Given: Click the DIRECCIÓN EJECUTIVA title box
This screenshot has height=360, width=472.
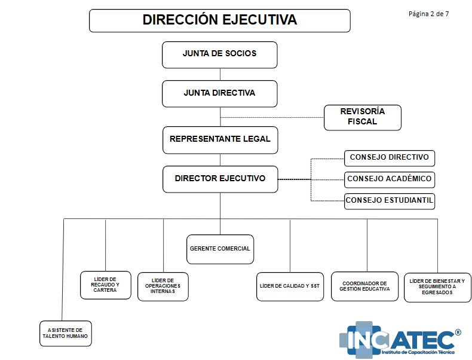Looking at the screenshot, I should coord(219,20).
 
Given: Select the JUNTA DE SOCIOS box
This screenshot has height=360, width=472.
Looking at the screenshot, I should coord(219,54).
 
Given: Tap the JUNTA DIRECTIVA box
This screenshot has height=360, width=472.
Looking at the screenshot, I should coord(219,93).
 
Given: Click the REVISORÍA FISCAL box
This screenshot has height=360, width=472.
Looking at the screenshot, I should coord(362,117).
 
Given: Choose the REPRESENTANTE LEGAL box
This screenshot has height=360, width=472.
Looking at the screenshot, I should coord(219,139).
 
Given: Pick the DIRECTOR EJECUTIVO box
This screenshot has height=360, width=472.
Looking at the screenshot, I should coord(219,179).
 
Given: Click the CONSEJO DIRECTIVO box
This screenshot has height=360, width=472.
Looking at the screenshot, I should coord(389,158).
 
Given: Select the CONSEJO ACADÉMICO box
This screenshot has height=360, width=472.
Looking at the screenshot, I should coord(389,179).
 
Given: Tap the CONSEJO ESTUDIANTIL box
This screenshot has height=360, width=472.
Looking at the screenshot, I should coord(389,200).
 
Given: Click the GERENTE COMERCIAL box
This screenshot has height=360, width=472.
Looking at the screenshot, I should coord(219,249).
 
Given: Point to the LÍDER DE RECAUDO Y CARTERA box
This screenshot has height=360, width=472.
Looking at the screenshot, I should coord(105,285).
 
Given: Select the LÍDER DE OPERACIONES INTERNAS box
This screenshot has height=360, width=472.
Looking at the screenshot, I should coord(163,286).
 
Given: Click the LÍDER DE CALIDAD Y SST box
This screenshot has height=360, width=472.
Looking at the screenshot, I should coord(290,286).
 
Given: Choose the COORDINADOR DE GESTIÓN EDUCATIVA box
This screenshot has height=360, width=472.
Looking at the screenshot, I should coord(364,286).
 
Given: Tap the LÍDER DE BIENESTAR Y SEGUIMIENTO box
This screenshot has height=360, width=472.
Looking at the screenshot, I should coord(437,286).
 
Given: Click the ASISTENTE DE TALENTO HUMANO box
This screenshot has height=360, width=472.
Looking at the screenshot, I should coord(65,334).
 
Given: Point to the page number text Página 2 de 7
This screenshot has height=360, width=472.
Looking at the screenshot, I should coord(428,14).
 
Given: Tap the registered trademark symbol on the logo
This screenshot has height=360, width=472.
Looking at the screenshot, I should coord(458,332).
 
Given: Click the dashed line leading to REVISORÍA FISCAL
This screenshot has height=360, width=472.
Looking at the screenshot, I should coord(272,117).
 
